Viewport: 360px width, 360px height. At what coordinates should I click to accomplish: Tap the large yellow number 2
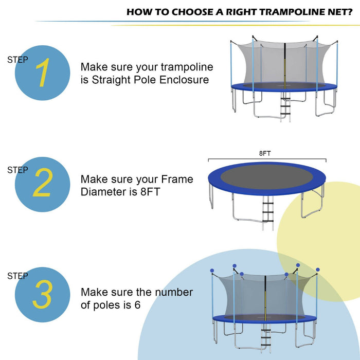tap(42, 184)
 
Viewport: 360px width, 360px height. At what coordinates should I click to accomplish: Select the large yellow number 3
tap(42, 295)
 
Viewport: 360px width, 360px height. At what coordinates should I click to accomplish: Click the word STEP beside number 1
tap(18, 60)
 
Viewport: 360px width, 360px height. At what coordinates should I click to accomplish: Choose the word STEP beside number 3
tap(18, 276)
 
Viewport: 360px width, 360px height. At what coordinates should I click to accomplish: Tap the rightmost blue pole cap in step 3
tap(318, 269)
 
